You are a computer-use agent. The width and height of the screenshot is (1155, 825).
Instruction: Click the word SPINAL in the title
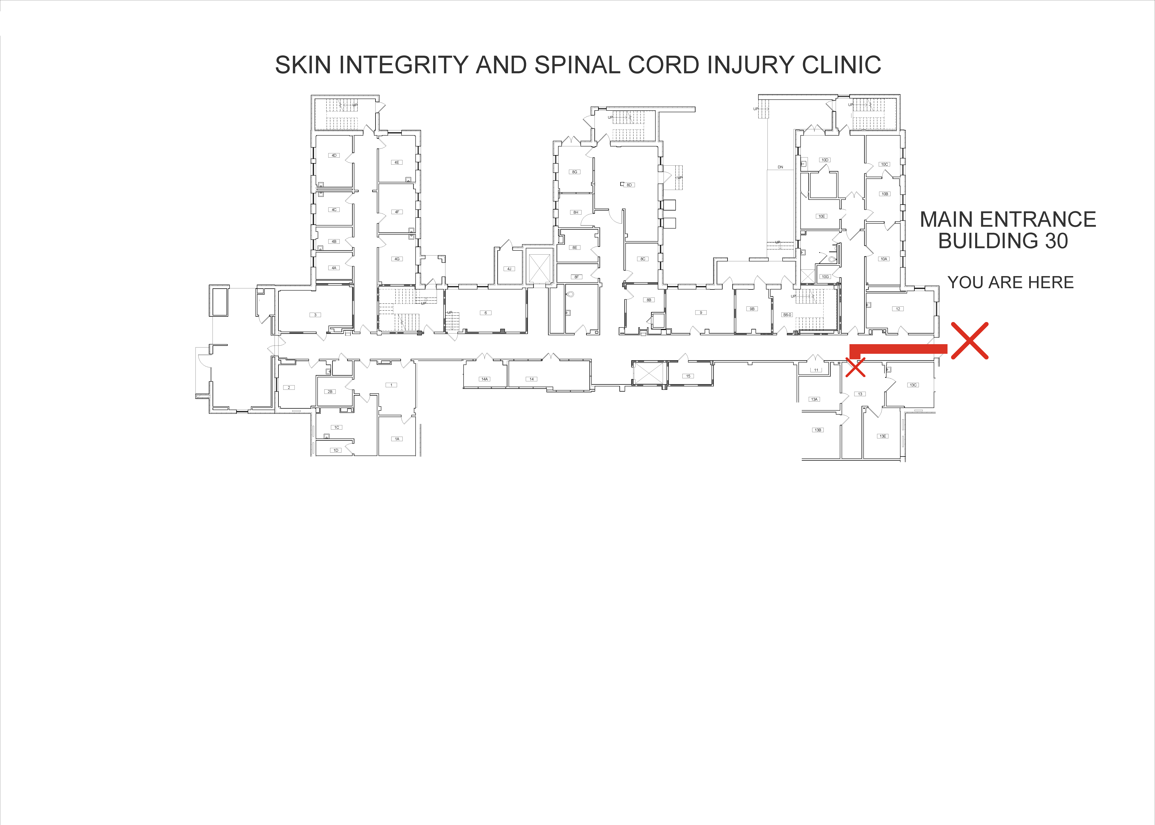577,65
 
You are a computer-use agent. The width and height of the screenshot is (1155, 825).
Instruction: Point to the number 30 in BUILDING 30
1056,241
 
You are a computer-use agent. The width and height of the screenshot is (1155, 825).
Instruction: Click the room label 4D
334,156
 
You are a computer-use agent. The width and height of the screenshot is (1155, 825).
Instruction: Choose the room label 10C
884,164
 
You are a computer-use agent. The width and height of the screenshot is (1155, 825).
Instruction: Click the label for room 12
898,309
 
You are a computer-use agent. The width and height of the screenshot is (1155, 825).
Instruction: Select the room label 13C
913,385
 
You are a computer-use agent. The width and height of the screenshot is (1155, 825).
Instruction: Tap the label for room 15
688,376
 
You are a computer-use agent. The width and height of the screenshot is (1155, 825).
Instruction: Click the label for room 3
315,315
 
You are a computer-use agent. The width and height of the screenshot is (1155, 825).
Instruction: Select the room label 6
486,313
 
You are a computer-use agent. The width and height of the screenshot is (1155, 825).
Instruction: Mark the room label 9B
752,309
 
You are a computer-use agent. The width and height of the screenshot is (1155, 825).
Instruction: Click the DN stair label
780,167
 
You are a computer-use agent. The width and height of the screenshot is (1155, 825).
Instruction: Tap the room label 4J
509,269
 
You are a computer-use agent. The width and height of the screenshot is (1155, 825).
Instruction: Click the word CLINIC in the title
841,65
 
